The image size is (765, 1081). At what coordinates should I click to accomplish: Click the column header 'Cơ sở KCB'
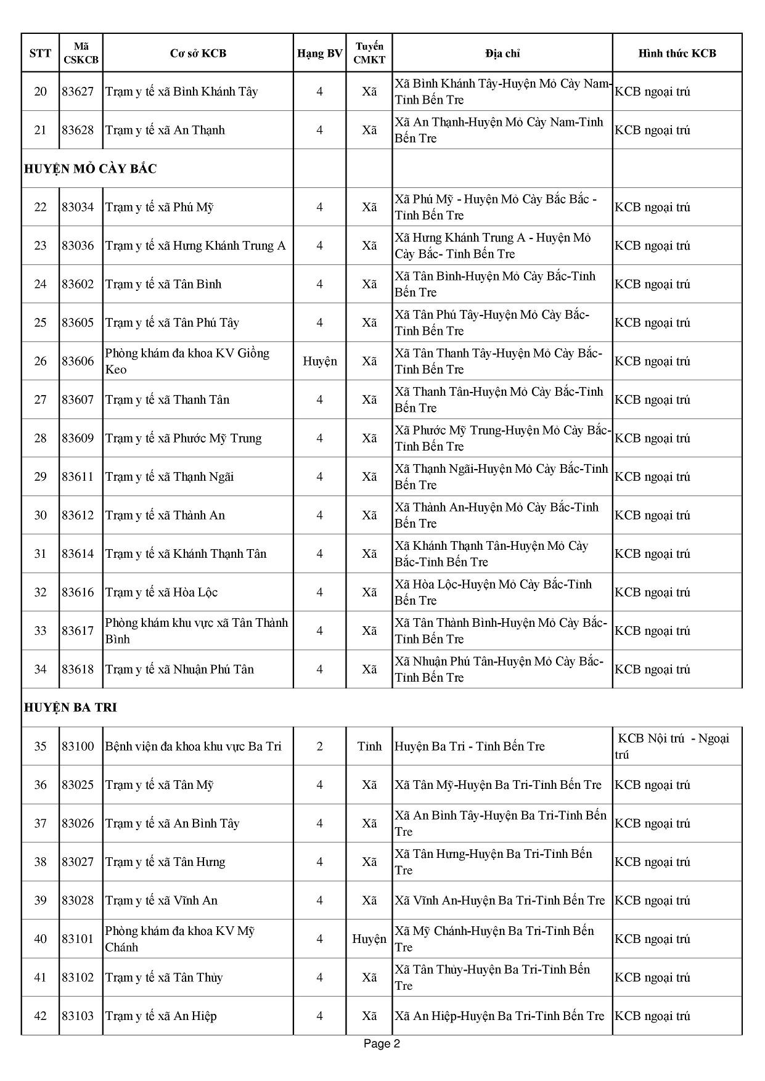pos(198,54)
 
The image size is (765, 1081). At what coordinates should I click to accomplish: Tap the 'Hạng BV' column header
pos(319,54)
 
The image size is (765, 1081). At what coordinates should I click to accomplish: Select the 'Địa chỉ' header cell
pos(502,54)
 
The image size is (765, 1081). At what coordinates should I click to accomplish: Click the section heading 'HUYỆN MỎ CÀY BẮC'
pos(91,169)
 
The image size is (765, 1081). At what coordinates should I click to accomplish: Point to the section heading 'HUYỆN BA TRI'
pos(70,708)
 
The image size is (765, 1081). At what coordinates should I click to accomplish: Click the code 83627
pos(78,92)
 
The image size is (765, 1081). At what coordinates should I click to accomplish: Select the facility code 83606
pos(78,361)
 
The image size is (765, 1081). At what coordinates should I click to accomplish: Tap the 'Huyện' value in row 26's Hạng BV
pos(319,361)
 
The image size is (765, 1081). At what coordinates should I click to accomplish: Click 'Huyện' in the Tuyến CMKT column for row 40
pos(369,939)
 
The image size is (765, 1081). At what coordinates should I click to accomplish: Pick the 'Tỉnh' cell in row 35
pos(369,746)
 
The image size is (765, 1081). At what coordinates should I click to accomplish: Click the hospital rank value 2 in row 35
pos(319,746)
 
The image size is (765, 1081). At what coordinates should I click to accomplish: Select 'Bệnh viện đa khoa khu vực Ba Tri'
pos(193,746)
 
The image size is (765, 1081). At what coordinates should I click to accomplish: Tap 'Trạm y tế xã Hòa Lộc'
pos(162,592)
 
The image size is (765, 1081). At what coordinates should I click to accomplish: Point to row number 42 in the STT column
pos(40,1016)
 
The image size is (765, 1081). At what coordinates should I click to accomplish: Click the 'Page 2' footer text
pos(382,1044)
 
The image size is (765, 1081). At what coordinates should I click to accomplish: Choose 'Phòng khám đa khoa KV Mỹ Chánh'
pos(179,939)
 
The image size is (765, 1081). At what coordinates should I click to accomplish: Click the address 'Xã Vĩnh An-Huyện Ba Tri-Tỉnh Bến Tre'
pos(500,900)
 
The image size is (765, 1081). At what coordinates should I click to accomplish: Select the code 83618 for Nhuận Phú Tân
pos(78,669)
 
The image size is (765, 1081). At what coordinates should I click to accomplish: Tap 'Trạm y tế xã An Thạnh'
pos(165,130)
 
